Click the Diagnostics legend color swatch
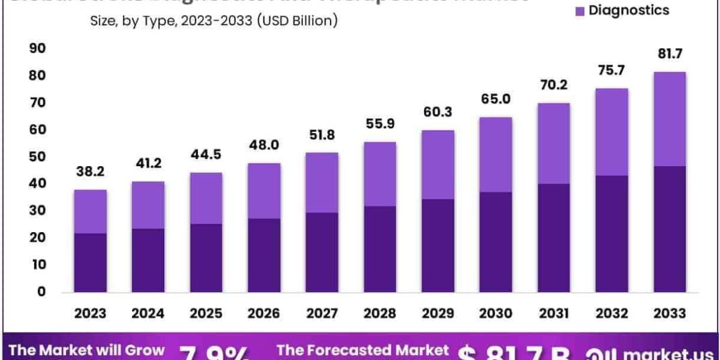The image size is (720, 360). coord(580,11)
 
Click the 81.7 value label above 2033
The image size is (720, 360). coord(670,54)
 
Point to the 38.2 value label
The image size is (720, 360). coord(90,172)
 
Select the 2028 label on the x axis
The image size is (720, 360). coord(380,313)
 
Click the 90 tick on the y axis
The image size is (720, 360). coord(37,49)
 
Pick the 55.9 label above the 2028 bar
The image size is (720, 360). coord(380,125)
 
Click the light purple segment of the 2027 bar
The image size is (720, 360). coord(322,182)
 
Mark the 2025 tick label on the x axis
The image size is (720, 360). coord(206,313)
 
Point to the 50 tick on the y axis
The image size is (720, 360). coord(37,157)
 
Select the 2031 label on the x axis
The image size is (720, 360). coord(554,313)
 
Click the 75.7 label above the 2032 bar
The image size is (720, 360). coord(612,71)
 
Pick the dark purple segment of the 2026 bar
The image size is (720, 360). coord(264,255)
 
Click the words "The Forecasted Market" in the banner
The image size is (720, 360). coord(362,350)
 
